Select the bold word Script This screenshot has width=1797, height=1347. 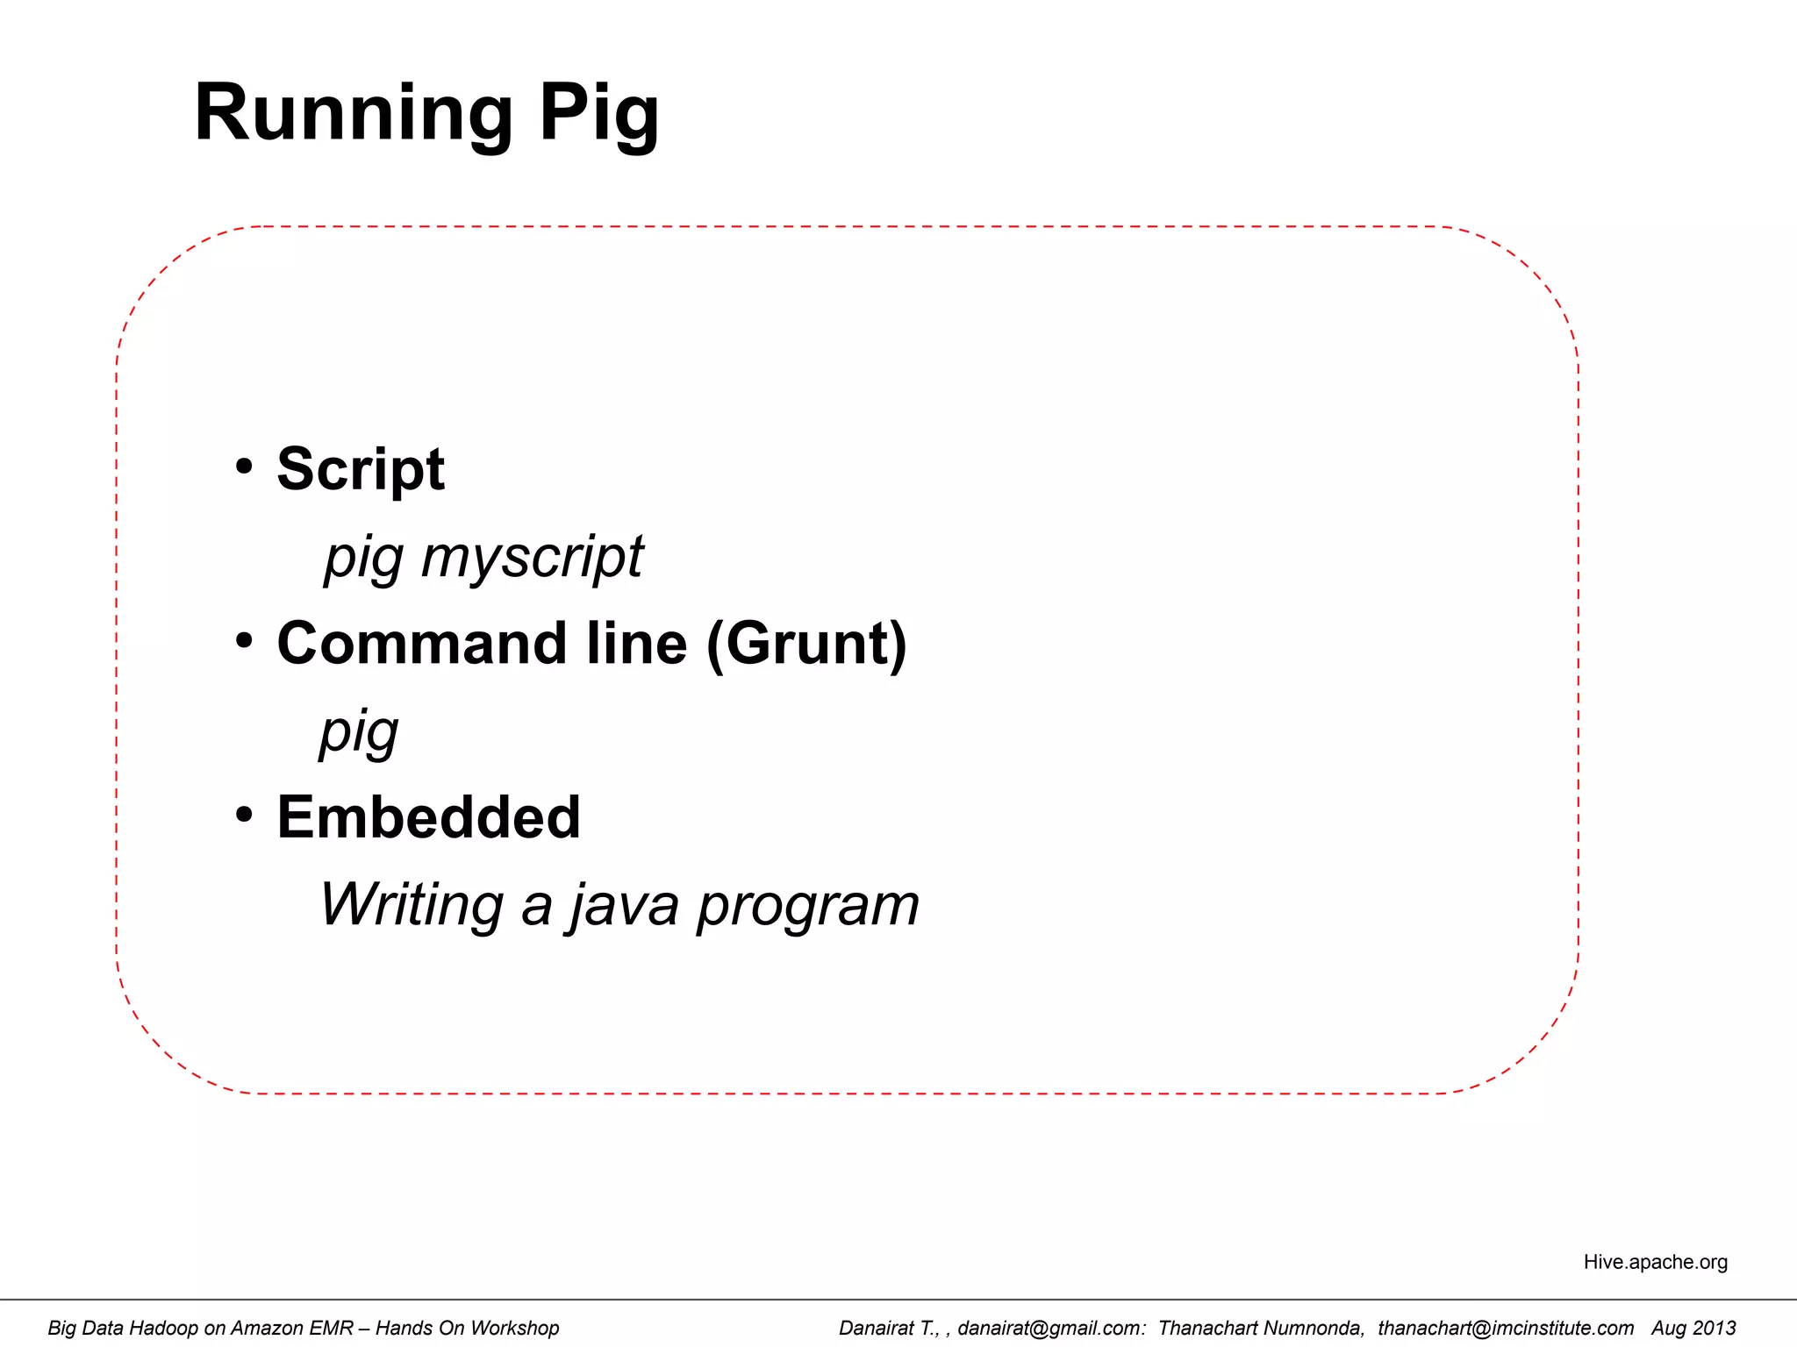pos(361,469)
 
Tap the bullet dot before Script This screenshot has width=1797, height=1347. pos(244,466)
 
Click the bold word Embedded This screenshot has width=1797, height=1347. pos(428,817)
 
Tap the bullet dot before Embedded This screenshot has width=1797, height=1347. pos(244,815)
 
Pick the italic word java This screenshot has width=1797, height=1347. pos(623,905)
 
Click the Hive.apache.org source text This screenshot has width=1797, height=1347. pos(1655,1262)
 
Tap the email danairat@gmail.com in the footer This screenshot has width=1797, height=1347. pos(1051,1328)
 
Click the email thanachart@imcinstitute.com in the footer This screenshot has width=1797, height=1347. pos(1506,1328)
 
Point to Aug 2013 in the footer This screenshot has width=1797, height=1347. pos(1693,1328)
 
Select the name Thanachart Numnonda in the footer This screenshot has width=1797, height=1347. pos(1261,1328)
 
